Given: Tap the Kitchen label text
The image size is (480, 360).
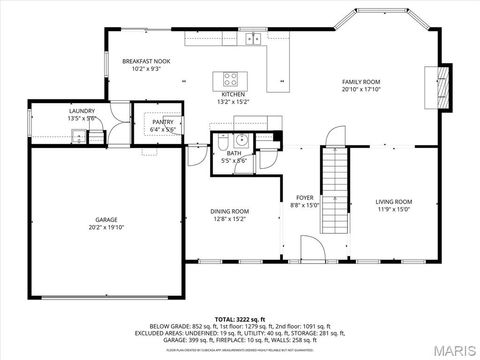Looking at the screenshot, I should [x=232, y=94].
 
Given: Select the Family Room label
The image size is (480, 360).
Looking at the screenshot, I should [x=361, y=82].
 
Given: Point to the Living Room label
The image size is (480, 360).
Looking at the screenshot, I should [x=394, y=202].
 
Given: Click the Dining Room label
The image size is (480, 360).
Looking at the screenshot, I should [x=229, y=211].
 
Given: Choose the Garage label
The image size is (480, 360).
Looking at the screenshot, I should [x=107, y=219].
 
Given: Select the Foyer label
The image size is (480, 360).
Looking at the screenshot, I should [x=304, y=198].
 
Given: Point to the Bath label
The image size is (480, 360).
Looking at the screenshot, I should [x=233, y=153].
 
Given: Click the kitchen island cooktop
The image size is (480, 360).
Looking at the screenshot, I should [x=231, y=78].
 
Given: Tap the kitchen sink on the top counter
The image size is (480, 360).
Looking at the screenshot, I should [x=256, y=39].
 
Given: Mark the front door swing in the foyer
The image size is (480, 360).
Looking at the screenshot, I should [x=311, y=248].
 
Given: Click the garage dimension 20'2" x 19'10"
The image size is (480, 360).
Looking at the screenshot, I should [x=107, y=227].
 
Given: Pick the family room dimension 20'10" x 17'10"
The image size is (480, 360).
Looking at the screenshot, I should [x=361, y=89].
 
